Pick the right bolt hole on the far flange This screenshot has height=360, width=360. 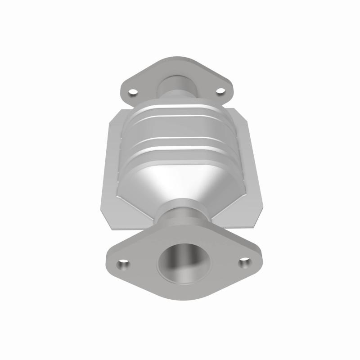[220, 91]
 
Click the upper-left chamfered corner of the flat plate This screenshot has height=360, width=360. [114, 114]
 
